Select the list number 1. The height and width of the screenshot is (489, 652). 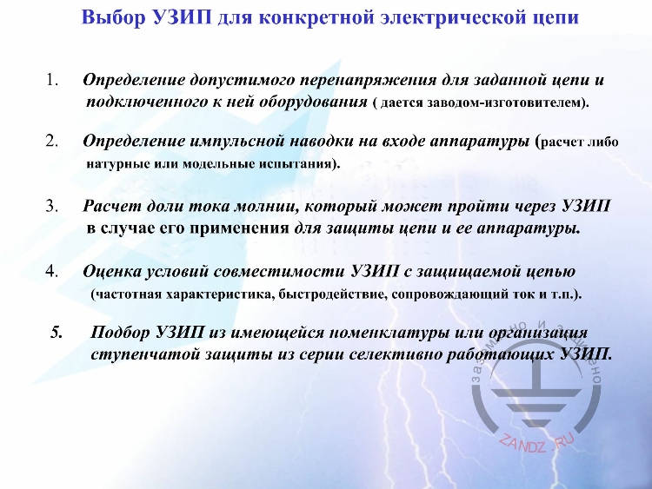click(x=51, y=81)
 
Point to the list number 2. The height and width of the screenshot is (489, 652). click(x=51, y=141)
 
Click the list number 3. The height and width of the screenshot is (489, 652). click(x=51, y=208)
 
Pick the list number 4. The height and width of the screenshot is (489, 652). click(x=51, y=271)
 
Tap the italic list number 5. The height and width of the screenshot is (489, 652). click(x=57, y=333)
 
